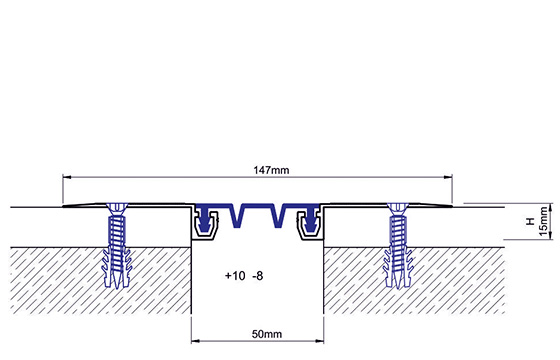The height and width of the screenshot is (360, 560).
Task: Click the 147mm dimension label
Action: (271, 170)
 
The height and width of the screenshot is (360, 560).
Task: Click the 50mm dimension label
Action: (267, 334)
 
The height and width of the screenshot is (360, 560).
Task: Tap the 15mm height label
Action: (543, 221)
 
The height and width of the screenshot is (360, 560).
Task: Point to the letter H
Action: (530, 221)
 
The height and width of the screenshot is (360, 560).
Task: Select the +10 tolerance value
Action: (235, 276)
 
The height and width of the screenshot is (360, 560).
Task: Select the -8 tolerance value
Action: (258, 276)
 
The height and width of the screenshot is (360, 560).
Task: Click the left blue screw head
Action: (116, 208)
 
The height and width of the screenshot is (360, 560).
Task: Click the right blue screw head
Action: (398, 208)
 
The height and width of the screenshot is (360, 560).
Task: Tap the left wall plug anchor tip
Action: (116, 287)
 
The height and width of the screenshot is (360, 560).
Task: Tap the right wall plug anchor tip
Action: (398, 287)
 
